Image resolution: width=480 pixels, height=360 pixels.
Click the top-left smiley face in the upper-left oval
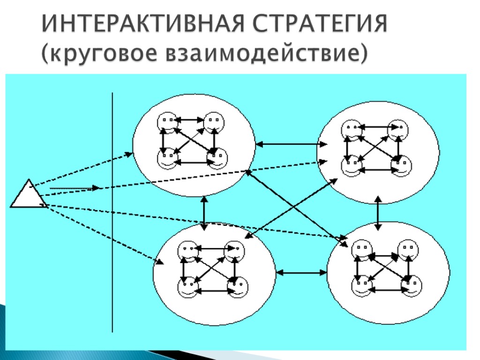tap(166, 122)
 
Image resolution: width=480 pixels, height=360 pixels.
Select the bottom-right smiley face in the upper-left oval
tap(216, 159)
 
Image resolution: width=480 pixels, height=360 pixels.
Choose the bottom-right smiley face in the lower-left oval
tap(237, 286)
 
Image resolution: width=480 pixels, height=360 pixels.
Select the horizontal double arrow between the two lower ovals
tap(302, 271)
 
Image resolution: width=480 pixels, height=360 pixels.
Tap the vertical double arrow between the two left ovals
tap(204, 213)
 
